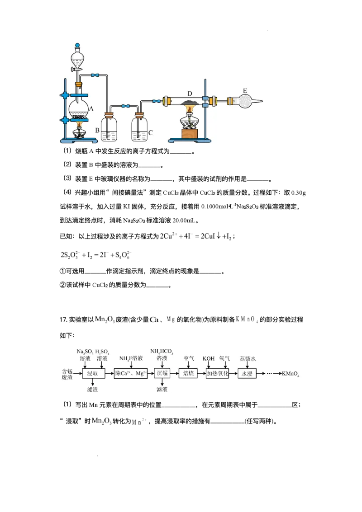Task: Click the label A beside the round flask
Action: [x=91, y=109]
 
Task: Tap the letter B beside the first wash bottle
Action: [x=97, y=130]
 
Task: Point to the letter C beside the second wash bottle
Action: [x=150, y=132]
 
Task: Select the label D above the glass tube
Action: [x=190, y=94]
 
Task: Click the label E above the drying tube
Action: [x=245, y=90]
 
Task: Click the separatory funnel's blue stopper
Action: [x=77, y=46]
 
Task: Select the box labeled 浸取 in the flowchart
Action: [x=93, y=374]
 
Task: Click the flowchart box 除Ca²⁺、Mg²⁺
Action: [x=130, y=374]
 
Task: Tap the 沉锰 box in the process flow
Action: [x=162, y=373]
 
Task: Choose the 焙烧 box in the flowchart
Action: [x=188, y=373]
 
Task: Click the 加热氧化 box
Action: [x=218, y=374]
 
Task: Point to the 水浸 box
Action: [x=247, y=374]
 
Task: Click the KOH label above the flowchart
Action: [x=209, y=358]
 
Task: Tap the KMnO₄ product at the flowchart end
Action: [x=291, y=374]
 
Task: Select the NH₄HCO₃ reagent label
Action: [x=162, y=351]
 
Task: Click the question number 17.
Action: [x=63, y=319]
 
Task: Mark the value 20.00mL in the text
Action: [x=184, y=221]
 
